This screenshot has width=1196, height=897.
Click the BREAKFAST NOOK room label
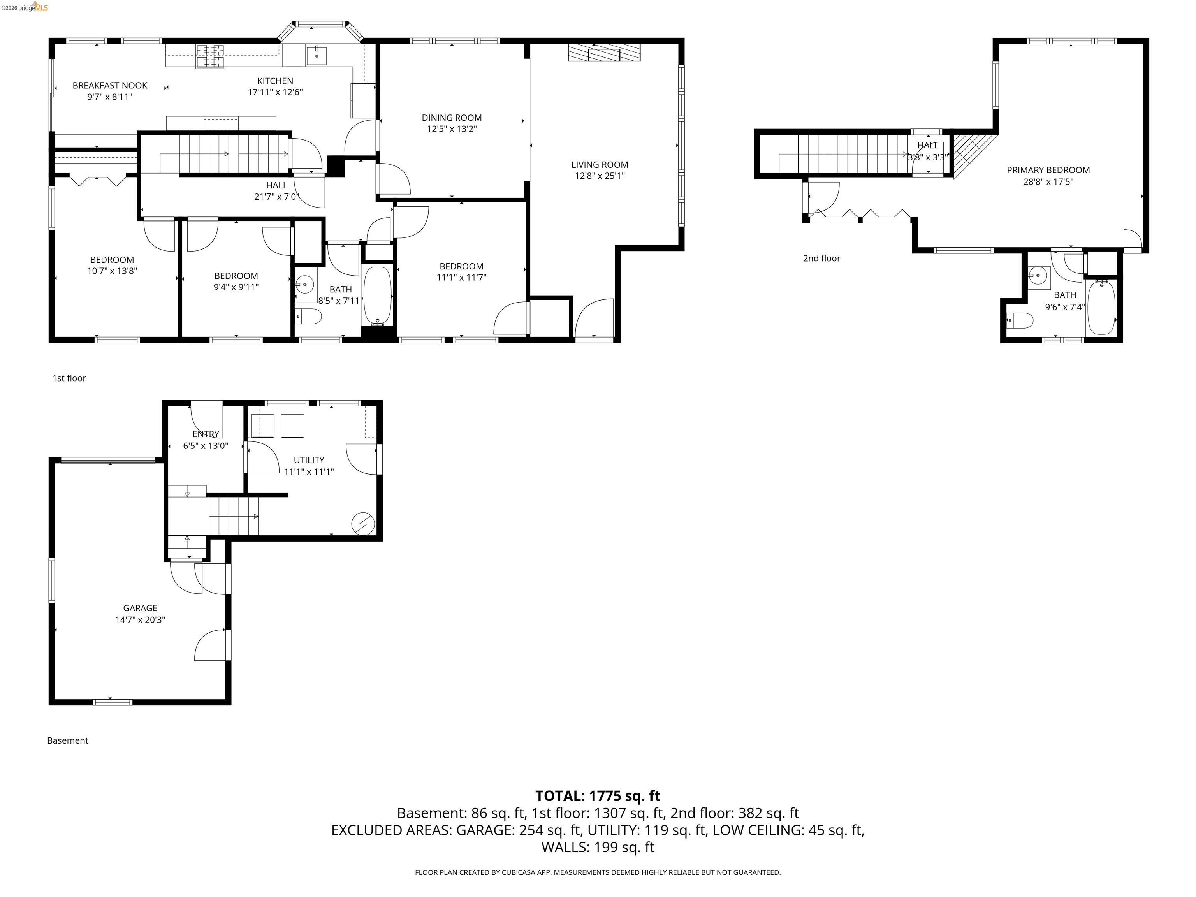110,85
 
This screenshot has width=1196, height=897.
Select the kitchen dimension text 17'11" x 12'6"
275,92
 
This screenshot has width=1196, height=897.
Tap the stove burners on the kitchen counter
210,56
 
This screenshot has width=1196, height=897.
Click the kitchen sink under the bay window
316,55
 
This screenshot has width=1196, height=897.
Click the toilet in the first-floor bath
309,316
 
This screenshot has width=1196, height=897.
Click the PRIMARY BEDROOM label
1048,170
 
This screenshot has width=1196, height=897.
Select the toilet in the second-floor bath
1021,321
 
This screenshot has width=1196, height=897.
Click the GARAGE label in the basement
140,608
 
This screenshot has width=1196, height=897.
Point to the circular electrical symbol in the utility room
363,523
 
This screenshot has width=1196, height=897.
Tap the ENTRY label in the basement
206,434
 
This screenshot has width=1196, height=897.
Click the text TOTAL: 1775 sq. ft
598,796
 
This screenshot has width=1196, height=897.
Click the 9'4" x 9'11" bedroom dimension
236,287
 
